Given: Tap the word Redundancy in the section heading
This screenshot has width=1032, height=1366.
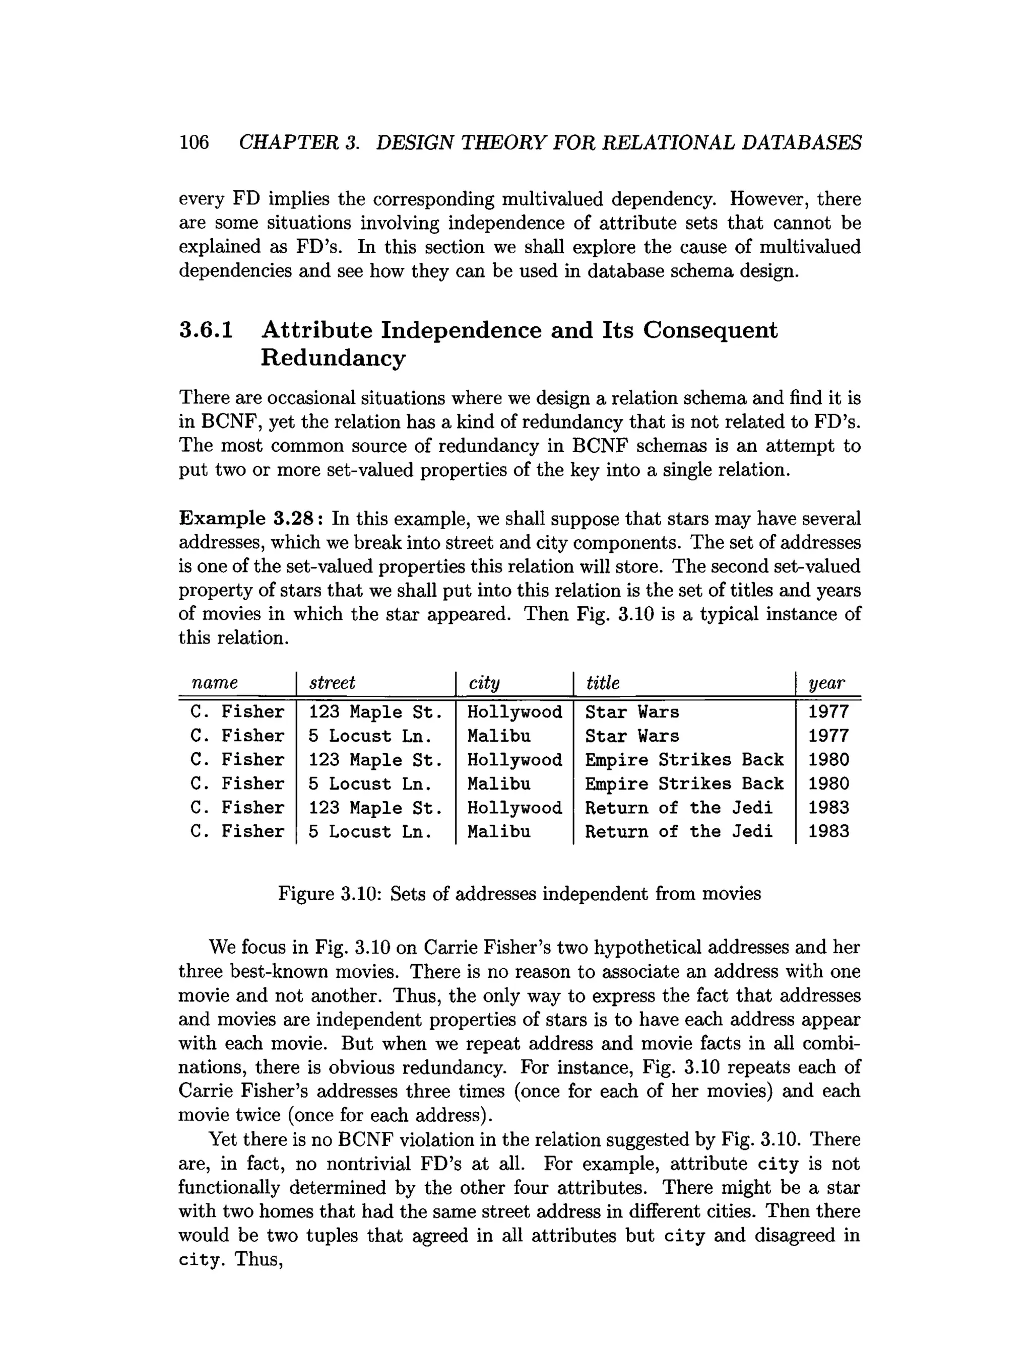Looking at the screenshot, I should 333,357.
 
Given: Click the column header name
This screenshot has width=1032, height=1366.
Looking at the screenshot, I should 215,682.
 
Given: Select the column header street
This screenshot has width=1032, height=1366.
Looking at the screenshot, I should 332,682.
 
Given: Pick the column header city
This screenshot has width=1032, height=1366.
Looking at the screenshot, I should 484,683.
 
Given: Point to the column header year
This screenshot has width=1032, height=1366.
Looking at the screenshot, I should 826,683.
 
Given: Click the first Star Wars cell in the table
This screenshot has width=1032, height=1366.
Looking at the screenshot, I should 631,712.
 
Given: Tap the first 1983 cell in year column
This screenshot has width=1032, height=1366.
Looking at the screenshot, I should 828,808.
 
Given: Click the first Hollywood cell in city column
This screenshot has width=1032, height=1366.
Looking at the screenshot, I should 514,712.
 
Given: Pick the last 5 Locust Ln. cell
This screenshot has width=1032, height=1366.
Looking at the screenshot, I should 369,832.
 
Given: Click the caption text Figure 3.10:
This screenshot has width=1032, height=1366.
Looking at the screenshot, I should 328,894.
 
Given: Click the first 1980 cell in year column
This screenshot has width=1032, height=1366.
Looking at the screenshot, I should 828,760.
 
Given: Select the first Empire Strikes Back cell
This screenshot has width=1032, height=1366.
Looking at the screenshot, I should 683,760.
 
